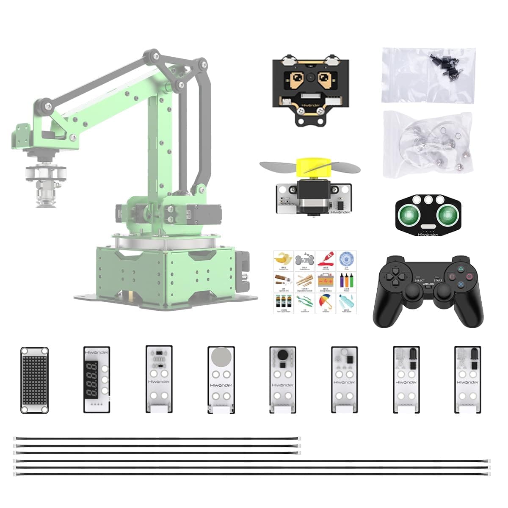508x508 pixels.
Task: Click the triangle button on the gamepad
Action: [x=460, y=268]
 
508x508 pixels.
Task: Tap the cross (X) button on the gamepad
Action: [x=460, y=285]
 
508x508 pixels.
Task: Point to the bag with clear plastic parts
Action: [x=427, y=144]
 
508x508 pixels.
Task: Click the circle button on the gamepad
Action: [x=469, y=276]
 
